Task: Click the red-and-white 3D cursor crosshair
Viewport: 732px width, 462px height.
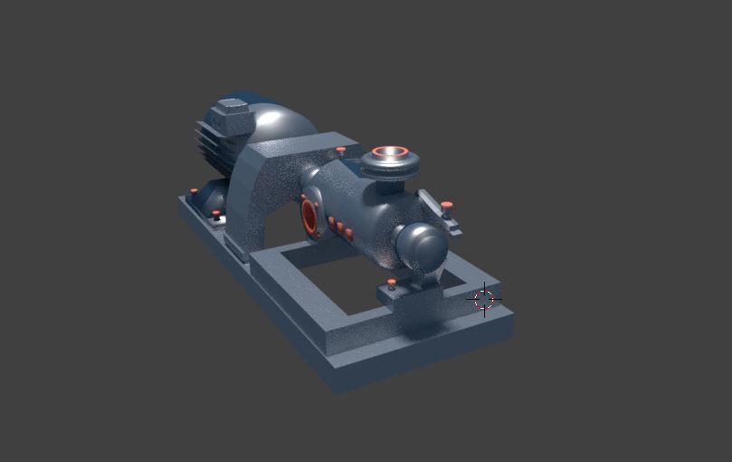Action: [x=484, y=299]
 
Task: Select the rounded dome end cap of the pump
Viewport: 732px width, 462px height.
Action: [x=422, y=245]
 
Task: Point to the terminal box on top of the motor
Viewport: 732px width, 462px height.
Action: [x=231, y=118]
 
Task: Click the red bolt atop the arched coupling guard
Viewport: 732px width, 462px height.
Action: [x=340, y=149]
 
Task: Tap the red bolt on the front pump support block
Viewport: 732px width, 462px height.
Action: [x=391, y=283]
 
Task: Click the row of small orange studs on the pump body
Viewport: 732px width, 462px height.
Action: [x=340, y=227]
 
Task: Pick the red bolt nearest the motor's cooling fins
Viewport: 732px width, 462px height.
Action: [x=193, y=190]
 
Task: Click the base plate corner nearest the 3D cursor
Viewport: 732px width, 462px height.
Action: [x=510, y=317]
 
